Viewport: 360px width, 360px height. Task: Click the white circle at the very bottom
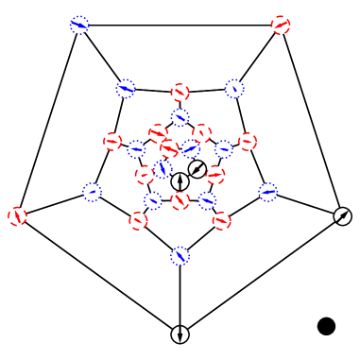(x=180, y=334)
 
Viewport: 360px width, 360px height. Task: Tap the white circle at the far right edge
(x=342, y=216)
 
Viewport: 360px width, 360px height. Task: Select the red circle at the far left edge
(x=17, y=216)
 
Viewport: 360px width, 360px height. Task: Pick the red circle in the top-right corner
(x=281, y=26)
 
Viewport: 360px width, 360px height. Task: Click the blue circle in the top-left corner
(x=79, y=26)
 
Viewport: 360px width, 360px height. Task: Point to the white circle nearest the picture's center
(x=180, y=181)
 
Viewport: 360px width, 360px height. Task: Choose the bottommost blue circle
(x=180, y=256)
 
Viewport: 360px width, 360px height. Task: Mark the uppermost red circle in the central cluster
(x=180, y=93)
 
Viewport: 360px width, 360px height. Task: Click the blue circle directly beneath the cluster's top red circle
(x=180, y=118)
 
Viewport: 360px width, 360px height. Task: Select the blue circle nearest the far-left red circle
(x=92, y=192)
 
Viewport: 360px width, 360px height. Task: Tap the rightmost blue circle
(x=268, y=192)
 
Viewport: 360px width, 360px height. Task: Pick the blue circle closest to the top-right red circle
(x=234, y=89)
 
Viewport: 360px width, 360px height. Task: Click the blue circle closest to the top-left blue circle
(x=126, y=89)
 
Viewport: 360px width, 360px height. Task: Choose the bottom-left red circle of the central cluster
(x=138, y=221)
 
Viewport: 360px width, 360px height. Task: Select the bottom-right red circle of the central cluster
(x=221, y=221)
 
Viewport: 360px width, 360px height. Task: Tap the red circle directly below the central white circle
(x=180, y=201)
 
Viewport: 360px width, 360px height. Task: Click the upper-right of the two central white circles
(x=197, y=169)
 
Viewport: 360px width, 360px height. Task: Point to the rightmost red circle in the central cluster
(x=248, y=142)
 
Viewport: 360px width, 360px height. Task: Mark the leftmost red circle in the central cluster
(x=112, y=142)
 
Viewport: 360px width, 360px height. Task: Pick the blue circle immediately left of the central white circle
(x=163, y=170)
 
